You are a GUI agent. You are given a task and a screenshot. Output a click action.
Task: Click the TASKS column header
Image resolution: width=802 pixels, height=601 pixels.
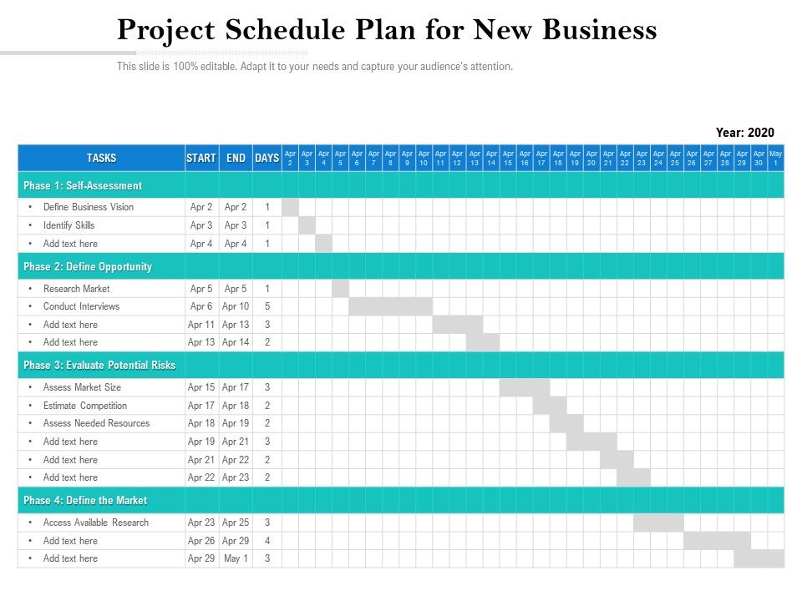point(101,158)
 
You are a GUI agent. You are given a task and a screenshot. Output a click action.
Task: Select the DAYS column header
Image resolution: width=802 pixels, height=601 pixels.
point(266,158)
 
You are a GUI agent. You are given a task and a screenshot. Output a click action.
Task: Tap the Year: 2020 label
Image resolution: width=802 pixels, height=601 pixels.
point(744,133)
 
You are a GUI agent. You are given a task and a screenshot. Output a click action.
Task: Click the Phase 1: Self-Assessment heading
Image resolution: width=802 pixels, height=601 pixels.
point(83,185)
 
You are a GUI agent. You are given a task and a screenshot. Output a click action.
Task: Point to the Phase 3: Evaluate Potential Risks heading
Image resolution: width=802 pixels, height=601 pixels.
point(99,366)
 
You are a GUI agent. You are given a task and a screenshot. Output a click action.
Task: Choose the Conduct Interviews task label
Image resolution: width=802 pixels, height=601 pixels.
point(81,306)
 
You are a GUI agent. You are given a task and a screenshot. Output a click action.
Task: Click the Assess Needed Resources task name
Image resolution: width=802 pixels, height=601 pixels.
point(96,423)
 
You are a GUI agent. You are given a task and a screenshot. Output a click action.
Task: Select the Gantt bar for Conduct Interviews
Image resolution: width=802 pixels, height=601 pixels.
point(390,306)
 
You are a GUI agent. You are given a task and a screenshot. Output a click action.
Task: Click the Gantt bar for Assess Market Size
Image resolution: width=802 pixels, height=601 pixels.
point(525,387)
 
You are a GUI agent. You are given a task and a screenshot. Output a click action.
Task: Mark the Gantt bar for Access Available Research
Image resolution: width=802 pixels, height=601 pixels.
point(658,523)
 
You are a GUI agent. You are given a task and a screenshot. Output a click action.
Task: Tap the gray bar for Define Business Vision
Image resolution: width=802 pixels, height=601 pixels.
point(290,207)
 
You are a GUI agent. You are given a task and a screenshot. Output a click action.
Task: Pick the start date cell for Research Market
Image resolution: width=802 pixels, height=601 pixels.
point(201,289)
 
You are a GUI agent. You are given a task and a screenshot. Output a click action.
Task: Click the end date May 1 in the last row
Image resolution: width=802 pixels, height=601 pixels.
point(236,558)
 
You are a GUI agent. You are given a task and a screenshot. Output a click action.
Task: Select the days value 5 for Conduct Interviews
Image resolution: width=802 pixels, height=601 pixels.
point(267,306)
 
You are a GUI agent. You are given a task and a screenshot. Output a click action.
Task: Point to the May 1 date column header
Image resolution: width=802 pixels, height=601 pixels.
point(776,158)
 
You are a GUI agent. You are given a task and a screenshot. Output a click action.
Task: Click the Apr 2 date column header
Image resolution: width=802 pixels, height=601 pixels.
point(290,158)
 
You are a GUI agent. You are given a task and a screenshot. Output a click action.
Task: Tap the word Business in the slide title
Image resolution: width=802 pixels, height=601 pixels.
point(600,30)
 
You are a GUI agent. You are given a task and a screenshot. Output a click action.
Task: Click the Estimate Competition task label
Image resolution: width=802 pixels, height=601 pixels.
point(85,406)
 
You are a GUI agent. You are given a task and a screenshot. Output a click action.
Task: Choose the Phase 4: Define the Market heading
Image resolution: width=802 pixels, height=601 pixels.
point(85,501)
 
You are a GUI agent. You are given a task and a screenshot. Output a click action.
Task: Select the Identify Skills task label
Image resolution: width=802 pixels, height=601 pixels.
point(69,225)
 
